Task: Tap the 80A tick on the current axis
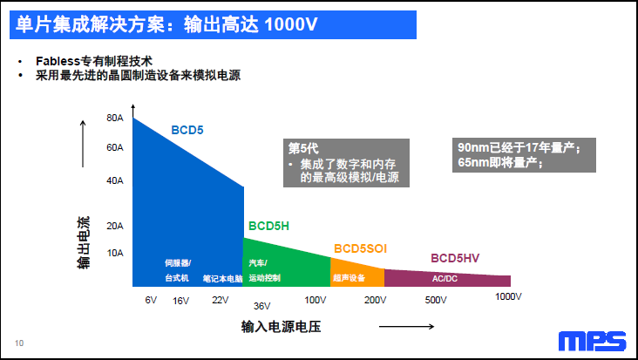pyautogui.click(x=115, y=118)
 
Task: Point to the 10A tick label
pyautogui.click(x=115, y=253)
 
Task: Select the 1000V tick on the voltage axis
pyautogui.click(x=507, y=296)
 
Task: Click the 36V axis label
pyautogui.click(x=262, y=306)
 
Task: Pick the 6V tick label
pyautogui.click(x=151, y=300)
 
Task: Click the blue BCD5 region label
pyautogui.click(x=187, y=130)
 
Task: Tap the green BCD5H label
pyautogui.click(x=268, y=226)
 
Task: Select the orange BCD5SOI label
pyautogui.click(x=359, y=248)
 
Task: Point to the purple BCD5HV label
pyautogui.click(x=455, y=258)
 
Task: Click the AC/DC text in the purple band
pyautogui.click(x=445, y=279)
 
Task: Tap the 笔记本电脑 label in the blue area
pyautogui.click(x=222, y=279)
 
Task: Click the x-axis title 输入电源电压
pyautogui.click(x=282, y=327)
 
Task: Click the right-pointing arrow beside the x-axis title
pyautogui.click(x=407, y=327)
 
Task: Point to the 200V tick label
pyautogui.click(x=375, y=300)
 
